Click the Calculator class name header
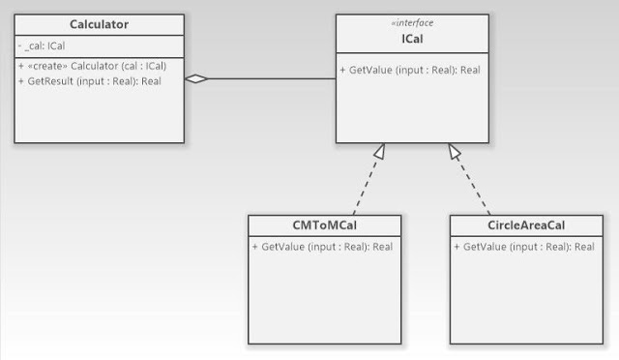pos(101,24)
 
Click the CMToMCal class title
pos(323,225)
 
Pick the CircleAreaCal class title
pos(525,225)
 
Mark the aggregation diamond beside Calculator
pos(197,79)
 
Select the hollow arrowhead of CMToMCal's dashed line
pos(380,151)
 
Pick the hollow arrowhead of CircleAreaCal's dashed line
pos(454,151)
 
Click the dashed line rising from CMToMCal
pos(365,187)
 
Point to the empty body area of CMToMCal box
pos(323,300)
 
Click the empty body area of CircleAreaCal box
pos(525,300)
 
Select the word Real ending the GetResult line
pos(151,81)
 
